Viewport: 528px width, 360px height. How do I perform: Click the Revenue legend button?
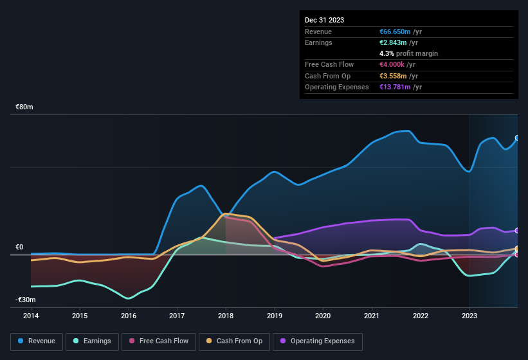pos(37,341)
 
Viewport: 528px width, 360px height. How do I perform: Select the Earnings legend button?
pos(92,341)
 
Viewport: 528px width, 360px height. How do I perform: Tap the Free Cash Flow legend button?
pos(158,341)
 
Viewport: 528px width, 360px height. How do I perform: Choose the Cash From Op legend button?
pos(233,341)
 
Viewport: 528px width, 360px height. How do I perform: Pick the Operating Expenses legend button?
pos(318,341)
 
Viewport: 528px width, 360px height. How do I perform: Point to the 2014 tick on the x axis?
pos(31,316)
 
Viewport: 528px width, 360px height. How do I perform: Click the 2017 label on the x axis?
pos(178,316)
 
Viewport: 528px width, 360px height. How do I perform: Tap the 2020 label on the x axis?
pos(323,316)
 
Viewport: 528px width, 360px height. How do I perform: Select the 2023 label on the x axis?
pos(469,316)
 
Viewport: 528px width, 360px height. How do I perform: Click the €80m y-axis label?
pos(24,107)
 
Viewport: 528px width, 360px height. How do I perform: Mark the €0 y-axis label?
pos(19,248)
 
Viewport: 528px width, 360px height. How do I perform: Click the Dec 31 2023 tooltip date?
pos(325,20)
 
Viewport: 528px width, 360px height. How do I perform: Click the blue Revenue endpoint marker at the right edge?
pos(517,138)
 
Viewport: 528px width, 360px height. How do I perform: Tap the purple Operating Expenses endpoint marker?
pos(517,230)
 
